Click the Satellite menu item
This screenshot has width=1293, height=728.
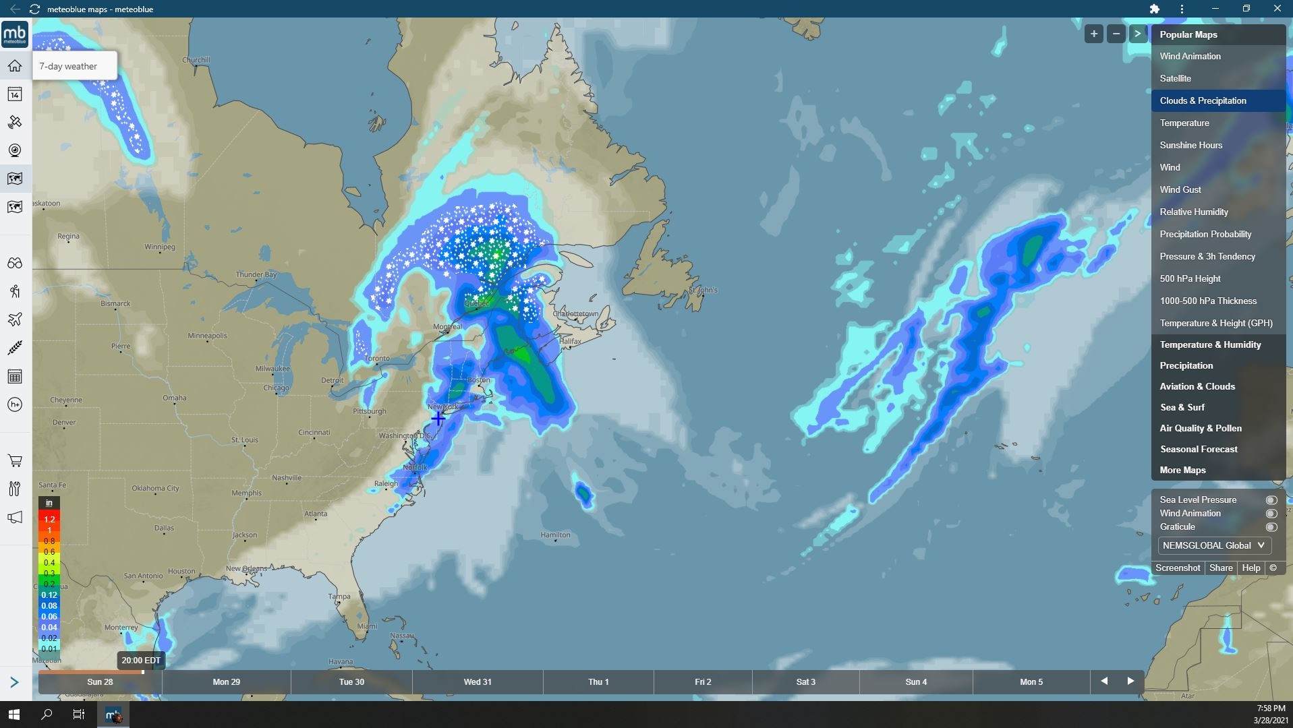tap(1175, 78)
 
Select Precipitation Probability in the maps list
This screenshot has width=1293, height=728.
tap(1205, 234)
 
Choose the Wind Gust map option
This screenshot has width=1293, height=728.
tap(1180, 189)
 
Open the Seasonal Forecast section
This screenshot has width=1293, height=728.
tap(1199, 449)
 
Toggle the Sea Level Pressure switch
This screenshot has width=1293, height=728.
tap(1271, 500)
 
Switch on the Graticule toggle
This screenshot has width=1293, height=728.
tap(1271, 527)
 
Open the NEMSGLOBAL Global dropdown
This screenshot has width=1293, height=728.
tap(1214, 545)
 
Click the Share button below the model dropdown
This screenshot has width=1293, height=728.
tap(1221, 568)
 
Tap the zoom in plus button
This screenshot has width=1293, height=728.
tap(1094, 34)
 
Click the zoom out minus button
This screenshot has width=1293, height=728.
tap(1116, 34)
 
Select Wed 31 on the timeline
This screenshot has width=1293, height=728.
tap(478, 681)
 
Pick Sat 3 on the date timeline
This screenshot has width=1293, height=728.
tap(805, 681)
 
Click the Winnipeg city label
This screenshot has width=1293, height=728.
tap(160, 247)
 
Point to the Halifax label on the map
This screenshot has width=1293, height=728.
tap(570, 341)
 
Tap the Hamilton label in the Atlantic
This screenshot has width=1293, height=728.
tap(555, 535)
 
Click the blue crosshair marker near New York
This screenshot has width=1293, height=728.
tap(438, 418)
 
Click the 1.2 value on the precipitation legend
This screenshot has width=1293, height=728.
tap(49, 519)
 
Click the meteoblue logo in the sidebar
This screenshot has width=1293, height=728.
tap(15, 34)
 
